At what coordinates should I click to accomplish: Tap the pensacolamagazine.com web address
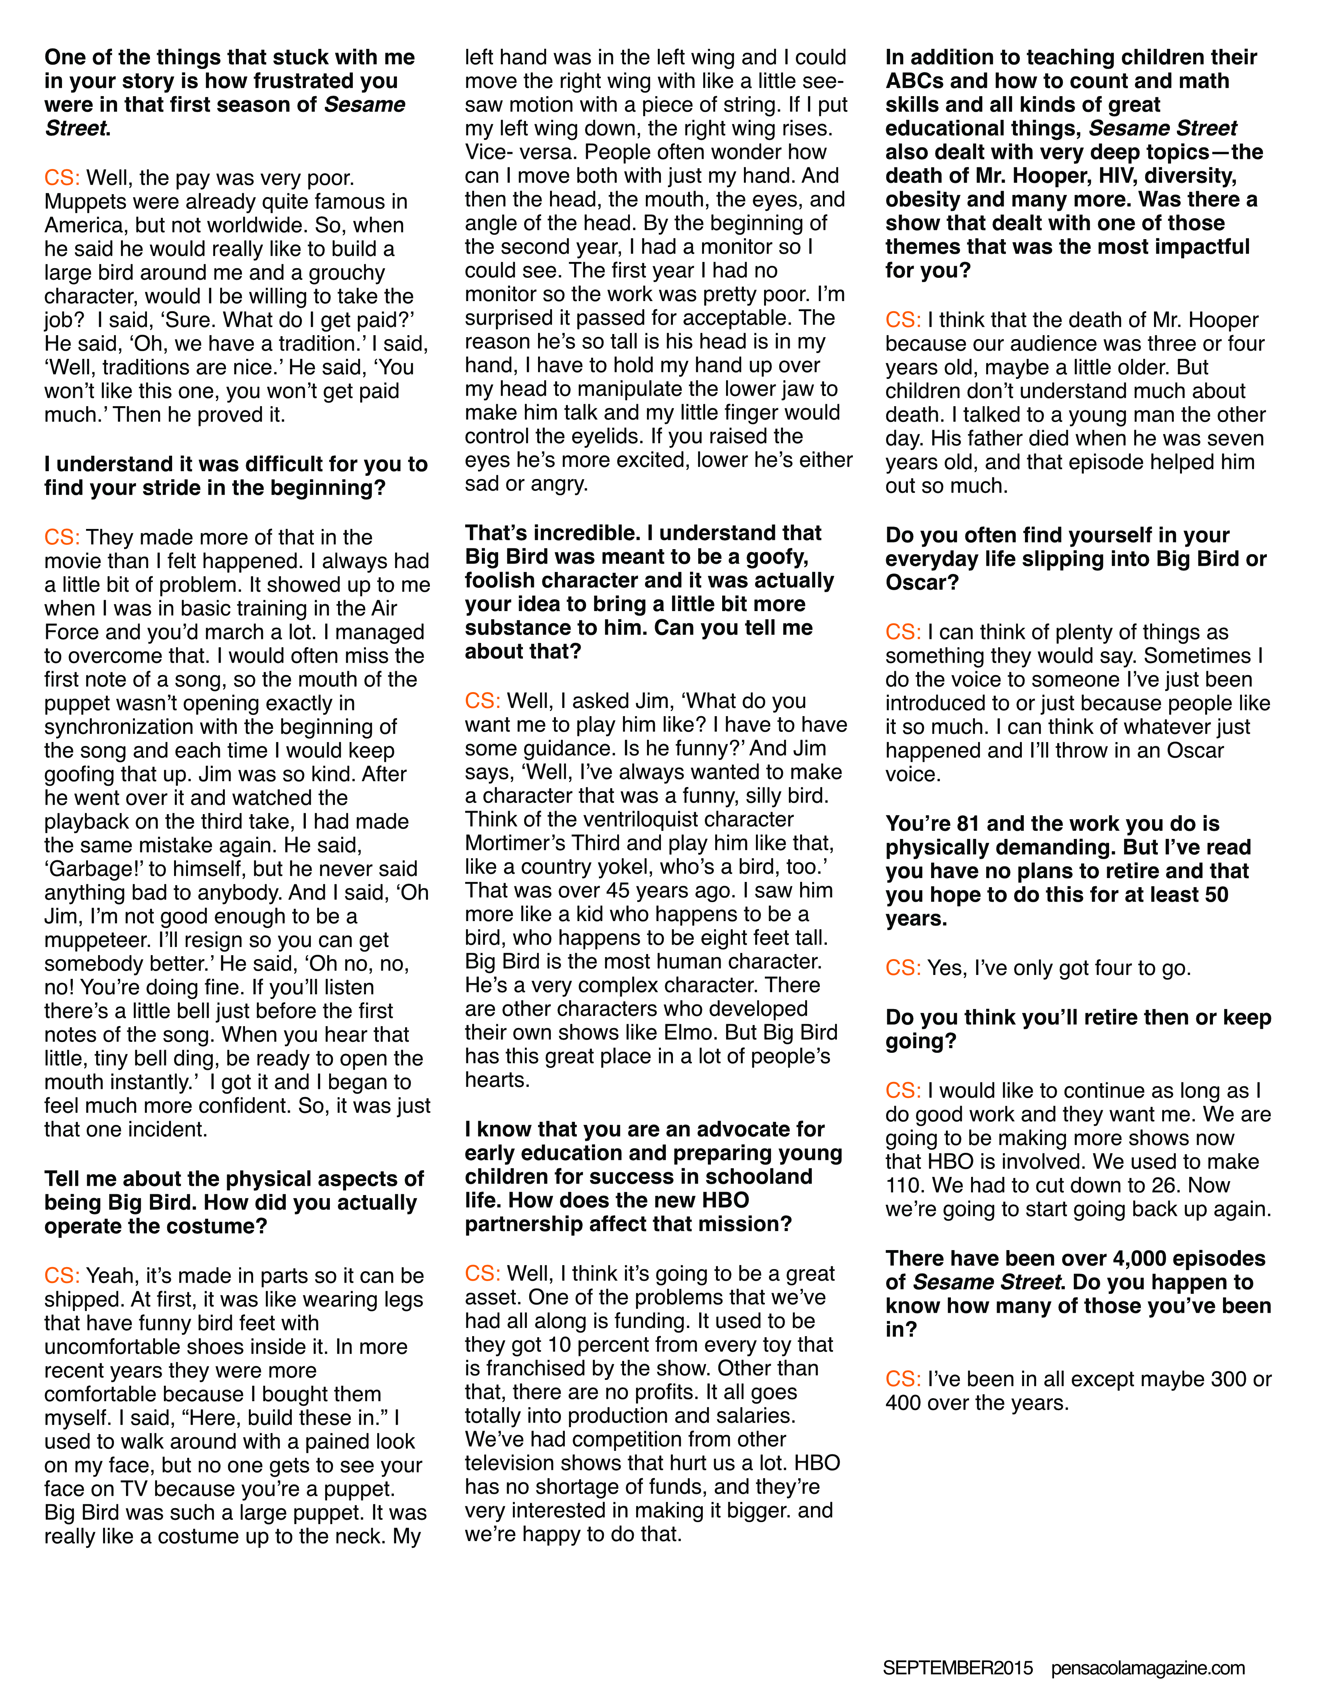(1148, 1667)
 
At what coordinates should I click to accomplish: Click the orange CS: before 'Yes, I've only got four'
(902, 968)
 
